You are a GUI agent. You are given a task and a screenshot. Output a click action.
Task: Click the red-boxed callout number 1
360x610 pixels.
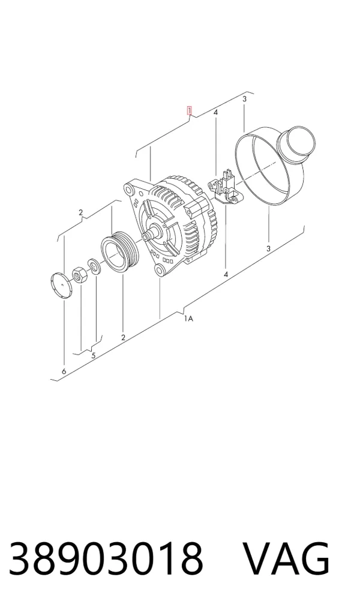click(x=189, y=111)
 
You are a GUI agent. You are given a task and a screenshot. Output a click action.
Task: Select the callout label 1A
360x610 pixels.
click(x=189, y=318)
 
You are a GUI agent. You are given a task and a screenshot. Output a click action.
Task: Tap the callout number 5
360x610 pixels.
click(x=94, y=355)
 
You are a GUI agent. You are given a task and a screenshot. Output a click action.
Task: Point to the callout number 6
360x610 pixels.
click(x=64, y=371)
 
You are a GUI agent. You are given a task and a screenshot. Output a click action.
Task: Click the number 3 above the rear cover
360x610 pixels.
click(x=244, y=99)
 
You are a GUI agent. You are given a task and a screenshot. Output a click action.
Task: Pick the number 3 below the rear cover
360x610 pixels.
click(x=269, y=248)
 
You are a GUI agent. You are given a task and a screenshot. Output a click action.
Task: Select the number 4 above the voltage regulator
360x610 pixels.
click(x=215, y=112)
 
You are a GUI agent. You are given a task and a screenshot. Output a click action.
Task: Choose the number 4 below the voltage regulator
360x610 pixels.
click(x=226, y=274)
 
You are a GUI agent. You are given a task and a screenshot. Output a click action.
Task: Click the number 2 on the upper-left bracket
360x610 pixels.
click(x=80, y=212)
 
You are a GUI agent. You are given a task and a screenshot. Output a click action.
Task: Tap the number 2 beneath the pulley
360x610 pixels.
click(x=123, y=337)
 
